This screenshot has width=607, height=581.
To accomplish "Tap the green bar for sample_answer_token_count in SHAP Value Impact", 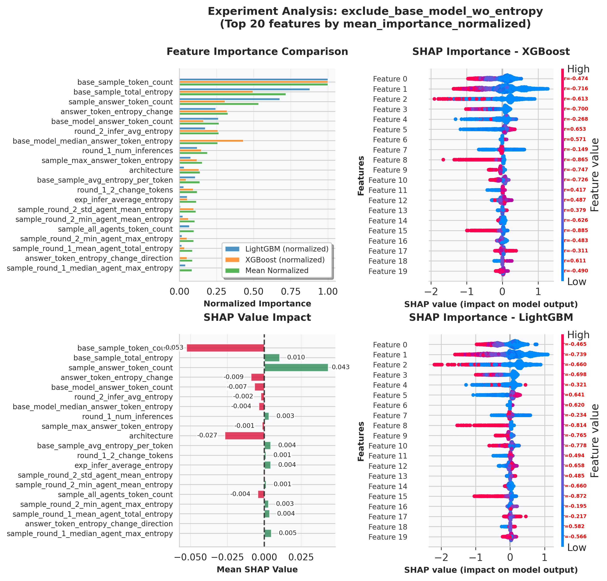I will click(296, 368).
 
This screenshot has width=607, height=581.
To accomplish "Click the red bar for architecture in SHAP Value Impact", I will click(245, 436).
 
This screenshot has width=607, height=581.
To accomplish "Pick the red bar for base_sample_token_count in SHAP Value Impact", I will click(226, 348).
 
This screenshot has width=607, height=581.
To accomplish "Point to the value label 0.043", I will click(341, 367).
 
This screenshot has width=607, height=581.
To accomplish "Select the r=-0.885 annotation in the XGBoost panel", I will click(576, 230).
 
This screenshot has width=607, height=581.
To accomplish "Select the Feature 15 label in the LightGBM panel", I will click(388, 496).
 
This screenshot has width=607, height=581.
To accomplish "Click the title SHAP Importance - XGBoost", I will click(491, 52).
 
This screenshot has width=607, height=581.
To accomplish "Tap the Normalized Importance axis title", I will click(257, 304).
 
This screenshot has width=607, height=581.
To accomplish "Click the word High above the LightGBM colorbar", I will click(578, 335).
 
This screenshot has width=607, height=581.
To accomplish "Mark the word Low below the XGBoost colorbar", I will click(577, 282).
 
